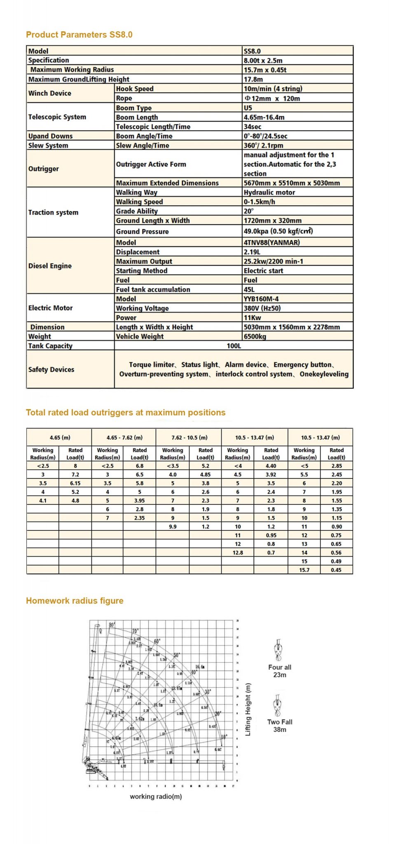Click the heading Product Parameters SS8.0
coord(79,35)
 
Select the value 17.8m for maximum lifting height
coord(253,79)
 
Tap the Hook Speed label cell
coord(135,89)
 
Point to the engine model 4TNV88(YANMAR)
coord(271,242)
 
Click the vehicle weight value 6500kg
coord(255,336)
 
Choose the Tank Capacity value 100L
coord(234,346)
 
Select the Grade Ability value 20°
coord(249,211)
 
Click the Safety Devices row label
coord(51,369)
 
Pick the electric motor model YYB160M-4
coord(261,299)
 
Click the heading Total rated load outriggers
coord(126,413)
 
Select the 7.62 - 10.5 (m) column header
coord(189,438)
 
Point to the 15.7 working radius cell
coord(304,570)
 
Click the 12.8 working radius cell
coord(238,553)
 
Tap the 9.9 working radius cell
coord(173,527)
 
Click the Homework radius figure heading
coord(75,600)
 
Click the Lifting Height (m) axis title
coord(248,709)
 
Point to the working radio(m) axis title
coord(156,797)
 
